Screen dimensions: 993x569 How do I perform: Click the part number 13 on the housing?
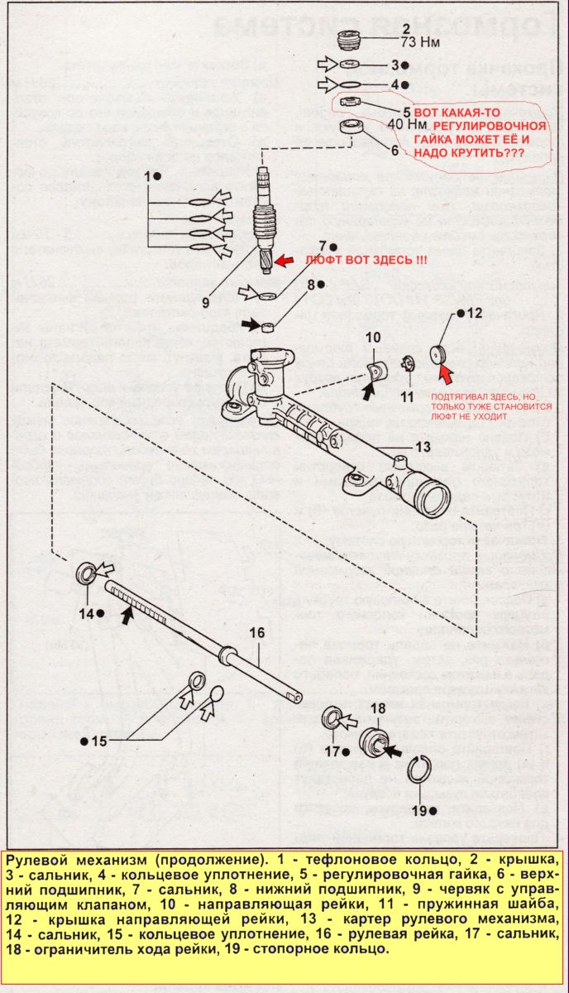pyautogui.click(x=423, y=447)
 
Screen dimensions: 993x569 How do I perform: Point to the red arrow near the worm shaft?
pyautogui.click(x=283, y=261)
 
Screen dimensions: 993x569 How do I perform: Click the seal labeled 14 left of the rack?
pyautogui.click(x=85, y=573)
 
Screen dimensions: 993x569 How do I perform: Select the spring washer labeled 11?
pyautogui.click(x=407, y=362)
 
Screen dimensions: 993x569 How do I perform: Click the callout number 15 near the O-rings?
pyautogui.click(x=98, y=741)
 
